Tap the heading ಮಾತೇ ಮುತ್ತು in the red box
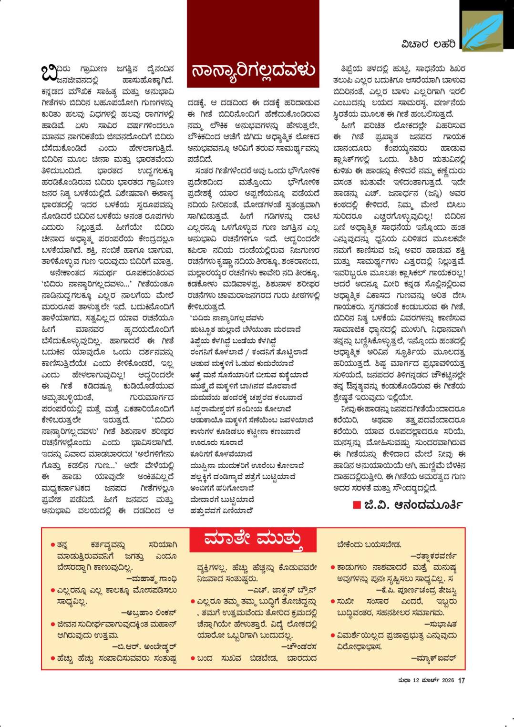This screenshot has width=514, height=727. click(253, 539)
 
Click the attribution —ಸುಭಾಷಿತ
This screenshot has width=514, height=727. click(441, 624)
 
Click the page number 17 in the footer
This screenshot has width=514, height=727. click(461, 681)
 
